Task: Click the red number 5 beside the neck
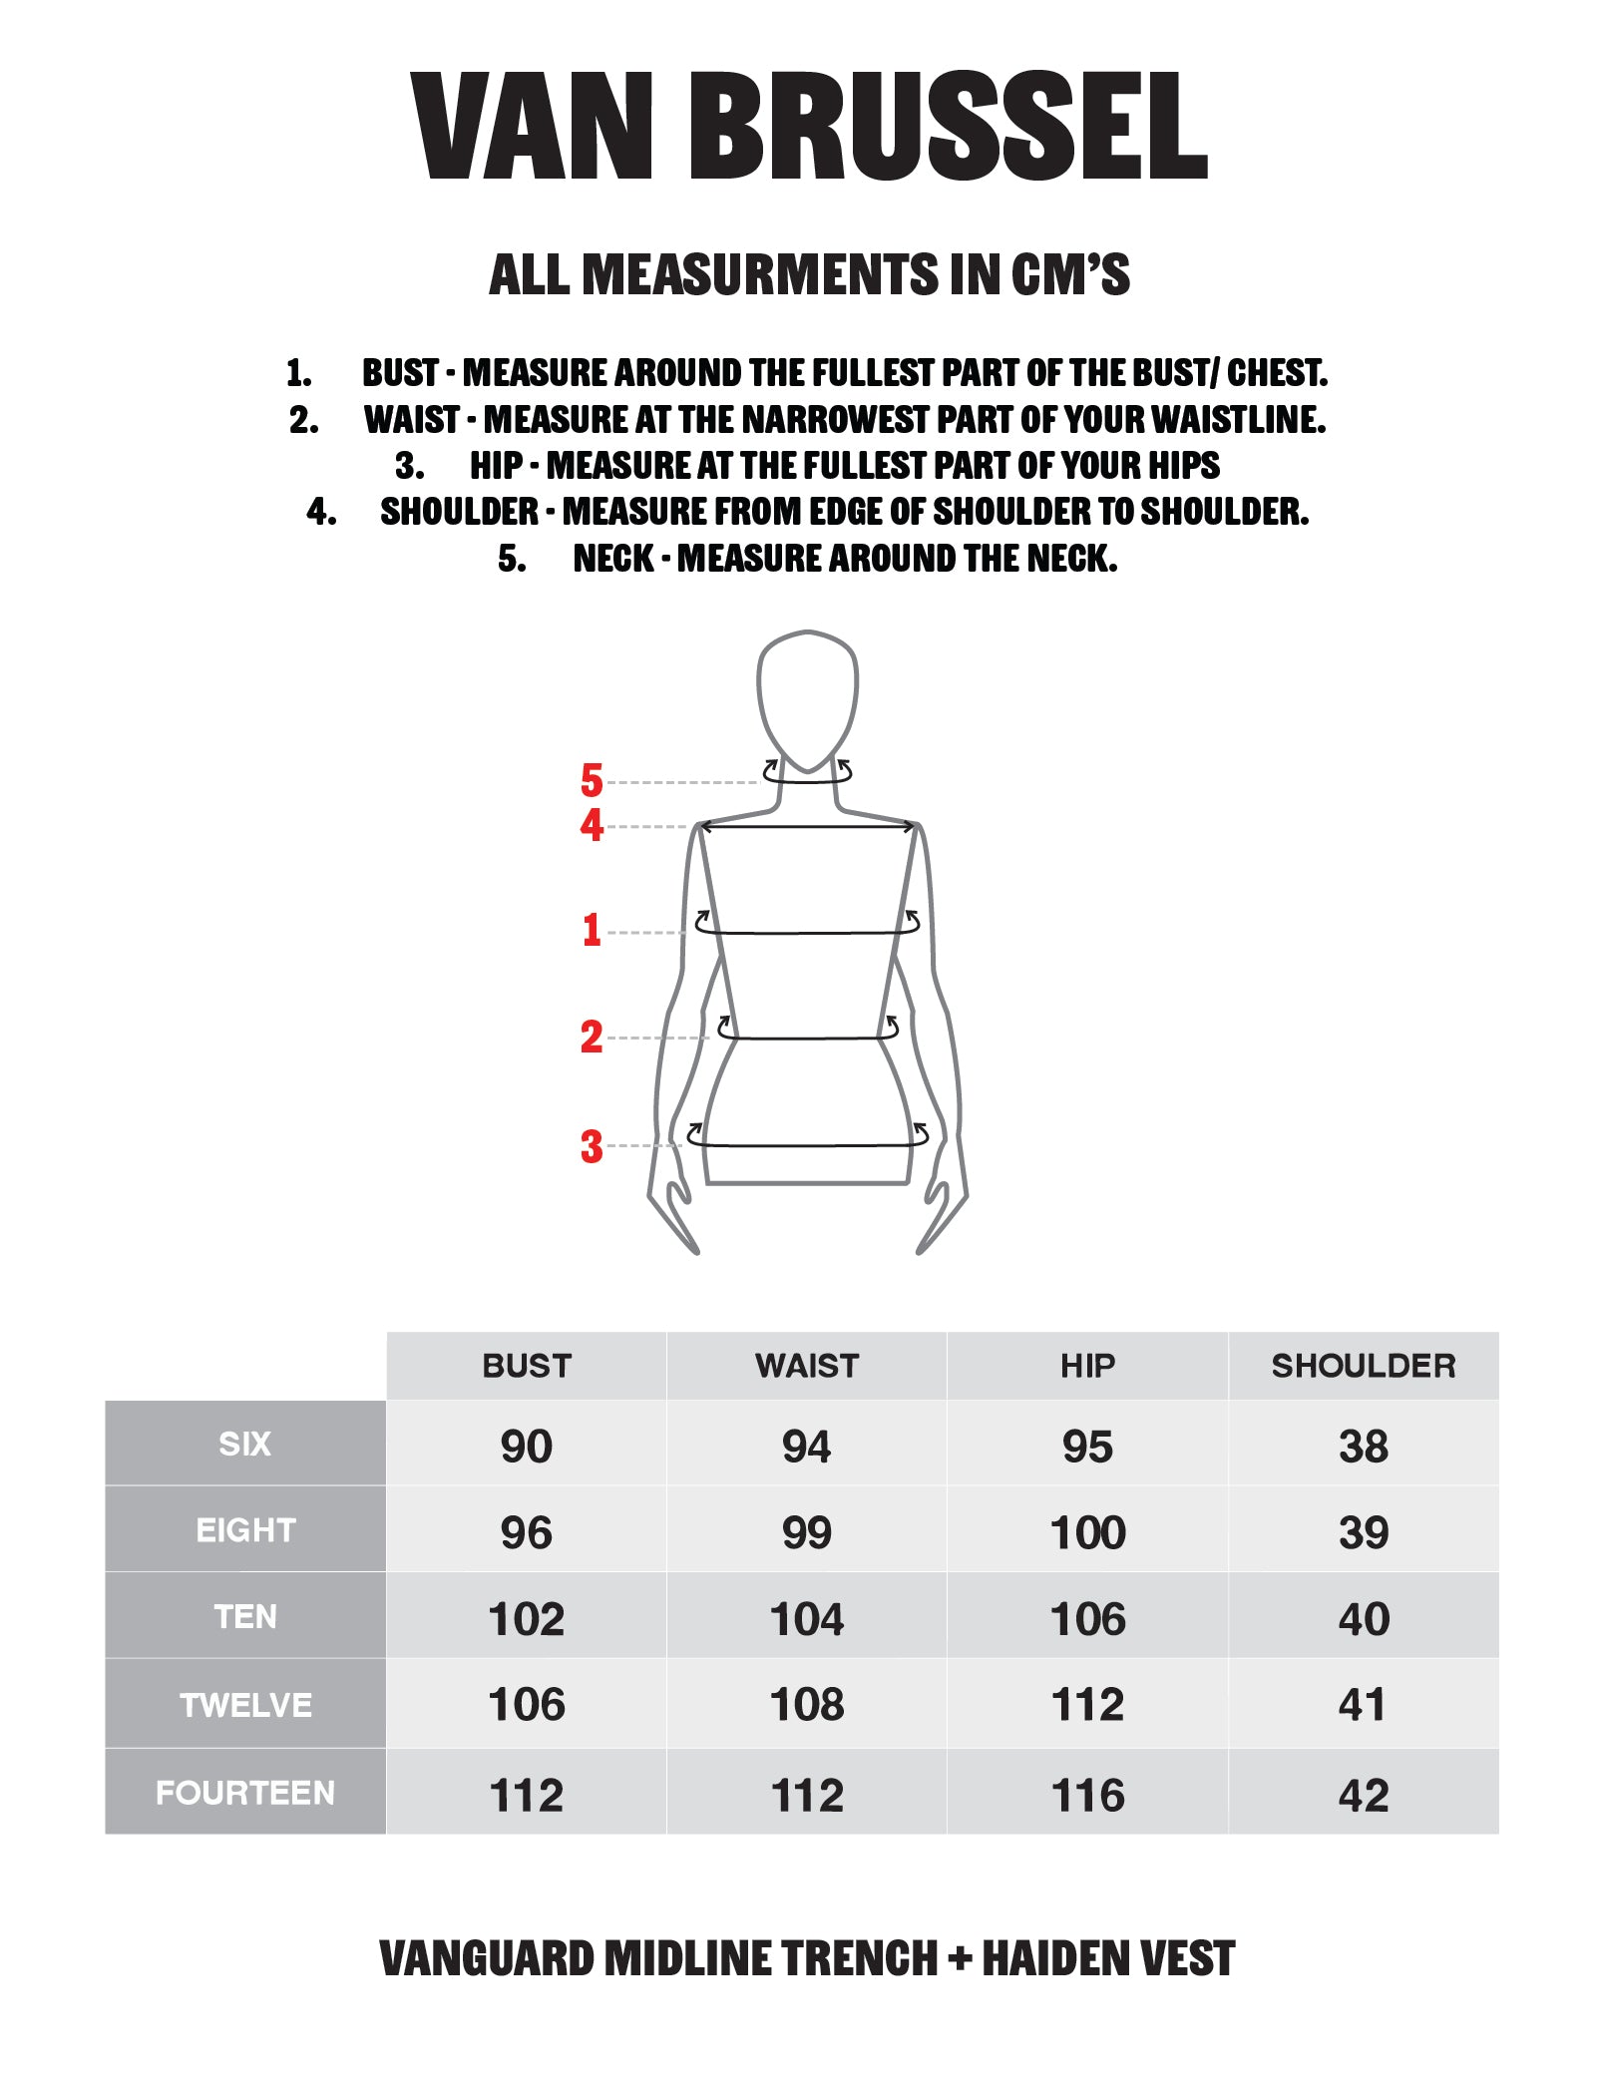592,780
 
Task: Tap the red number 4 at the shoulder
592,825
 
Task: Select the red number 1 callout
592,930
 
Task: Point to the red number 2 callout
592,1038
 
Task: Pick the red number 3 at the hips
592,1147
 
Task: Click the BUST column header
527,1366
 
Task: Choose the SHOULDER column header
1364,1366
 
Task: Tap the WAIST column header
807,1366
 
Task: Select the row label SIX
245,1444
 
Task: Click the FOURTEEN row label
245,1793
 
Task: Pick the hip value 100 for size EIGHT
1088,1532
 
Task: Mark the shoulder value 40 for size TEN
1364,1619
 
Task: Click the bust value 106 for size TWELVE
527,1705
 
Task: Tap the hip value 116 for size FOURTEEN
1088,1796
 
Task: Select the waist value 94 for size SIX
807,1447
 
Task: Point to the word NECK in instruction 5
613,559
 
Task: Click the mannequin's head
808,698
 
